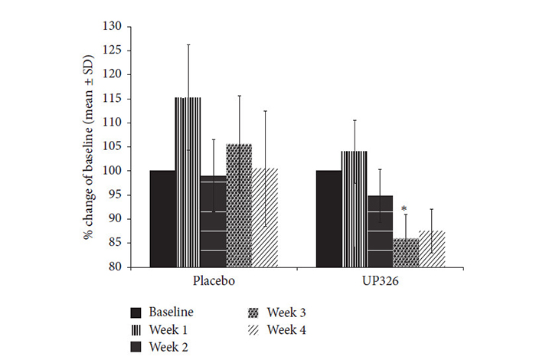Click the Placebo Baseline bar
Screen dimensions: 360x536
[x=162, y=218]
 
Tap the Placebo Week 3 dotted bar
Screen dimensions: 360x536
[x=239, y=205]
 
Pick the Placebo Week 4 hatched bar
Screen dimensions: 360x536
[x=265, y=218]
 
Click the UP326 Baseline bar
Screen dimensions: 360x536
[x=328, y=218]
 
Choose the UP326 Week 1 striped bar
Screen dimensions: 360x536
[x=354, y=209]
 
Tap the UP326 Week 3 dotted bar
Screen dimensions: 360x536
[x=406, y=253]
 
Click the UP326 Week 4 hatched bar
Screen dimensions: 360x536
[x=431, y=249]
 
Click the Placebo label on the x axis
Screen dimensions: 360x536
[x=214, y=281]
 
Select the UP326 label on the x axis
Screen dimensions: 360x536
[x=380, y=281]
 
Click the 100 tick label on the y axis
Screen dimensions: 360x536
[x=113, y=171]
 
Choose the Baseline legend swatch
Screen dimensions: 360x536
[x=137, y=313]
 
